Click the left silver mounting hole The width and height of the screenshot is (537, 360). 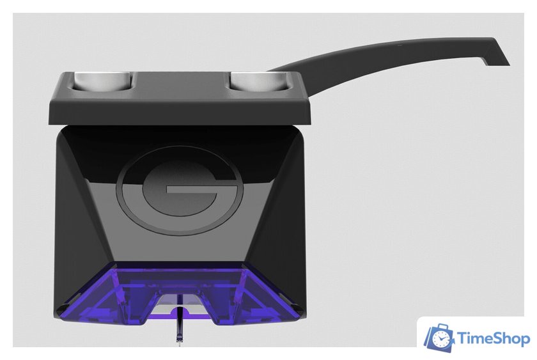(x=103, y=81)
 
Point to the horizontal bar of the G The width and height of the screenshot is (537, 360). (x=192, y=191)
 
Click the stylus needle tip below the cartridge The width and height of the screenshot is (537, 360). (x=179, y=343)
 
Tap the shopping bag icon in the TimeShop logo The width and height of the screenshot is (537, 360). (x=439, y=338)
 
